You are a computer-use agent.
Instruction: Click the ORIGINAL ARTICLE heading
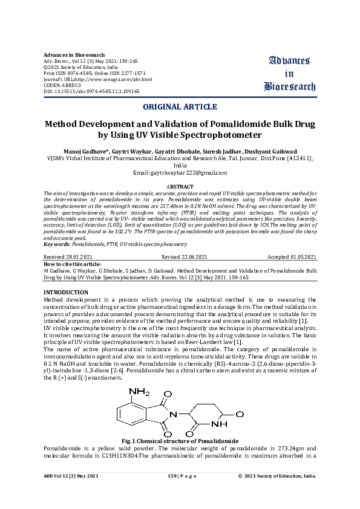point(180,107)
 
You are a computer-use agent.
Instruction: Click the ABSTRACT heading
point(180,187)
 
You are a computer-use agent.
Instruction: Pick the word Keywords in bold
point(56,244)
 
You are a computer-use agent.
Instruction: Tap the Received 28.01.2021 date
point(67,257)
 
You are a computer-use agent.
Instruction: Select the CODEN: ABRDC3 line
point(62,85)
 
